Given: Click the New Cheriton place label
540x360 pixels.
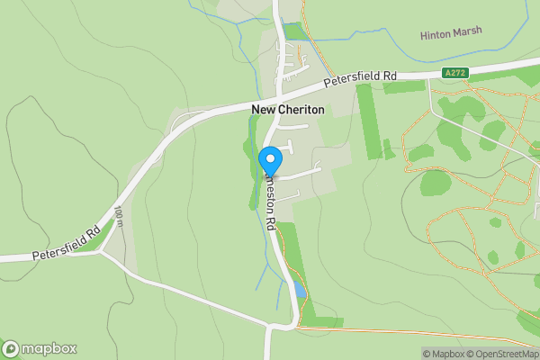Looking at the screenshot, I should click(287, 109).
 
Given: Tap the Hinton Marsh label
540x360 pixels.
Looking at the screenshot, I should click(451, 32).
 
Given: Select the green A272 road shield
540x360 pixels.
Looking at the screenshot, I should click(455, 72).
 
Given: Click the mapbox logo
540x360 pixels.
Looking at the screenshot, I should click(40, 348).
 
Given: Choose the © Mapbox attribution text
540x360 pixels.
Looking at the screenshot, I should click(447, 354).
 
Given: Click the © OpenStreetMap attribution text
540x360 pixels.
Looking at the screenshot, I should click(506, 354).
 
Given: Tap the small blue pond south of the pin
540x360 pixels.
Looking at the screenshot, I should click(298, 290).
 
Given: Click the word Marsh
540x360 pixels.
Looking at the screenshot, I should click(468, 31).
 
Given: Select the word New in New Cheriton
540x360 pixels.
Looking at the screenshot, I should click(262, 109).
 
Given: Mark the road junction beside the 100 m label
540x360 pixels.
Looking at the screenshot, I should click(100, 251).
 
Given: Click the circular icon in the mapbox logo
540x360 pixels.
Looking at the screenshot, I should click(11, 348).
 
